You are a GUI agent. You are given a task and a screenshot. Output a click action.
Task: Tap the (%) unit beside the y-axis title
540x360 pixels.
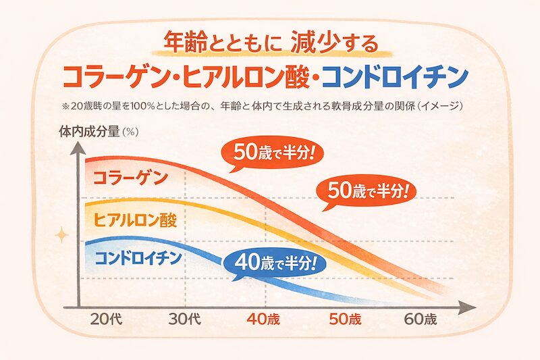[x=130, y=132]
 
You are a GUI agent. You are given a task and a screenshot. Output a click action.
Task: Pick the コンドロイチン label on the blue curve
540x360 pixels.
[x=138, y=257]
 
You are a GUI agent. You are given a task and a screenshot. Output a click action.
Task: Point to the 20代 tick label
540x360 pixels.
[x=105, y=319]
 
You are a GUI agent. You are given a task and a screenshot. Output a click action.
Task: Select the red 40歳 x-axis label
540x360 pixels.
[x=263, y=319]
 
